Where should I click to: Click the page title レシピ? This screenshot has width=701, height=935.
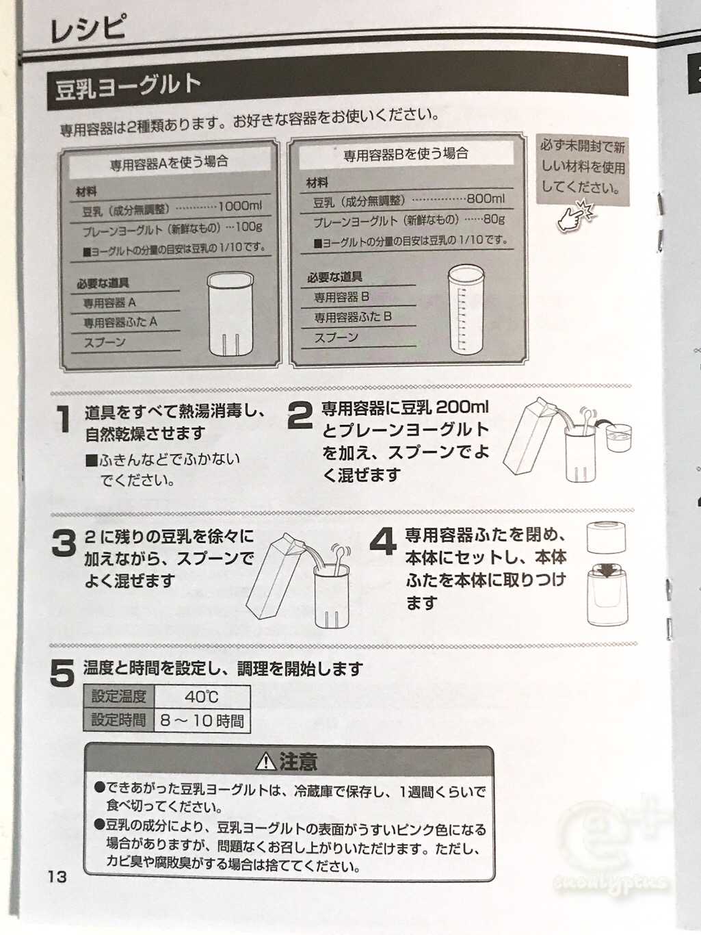coord(88,29)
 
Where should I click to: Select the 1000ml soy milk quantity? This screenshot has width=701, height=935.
coord(239,206)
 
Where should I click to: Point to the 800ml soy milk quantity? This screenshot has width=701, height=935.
coord(486,198)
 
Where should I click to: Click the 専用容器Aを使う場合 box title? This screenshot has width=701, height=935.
coord(170,162)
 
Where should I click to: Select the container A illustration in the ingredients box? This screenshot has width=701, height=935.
coord(230,314)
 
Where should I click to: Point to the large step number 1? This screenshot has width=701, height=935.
coord(64,419)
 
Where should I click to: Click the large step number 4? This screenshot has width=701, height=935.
coord(384,542)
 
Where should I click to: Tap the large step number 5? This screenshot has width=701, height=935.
coord(62,673)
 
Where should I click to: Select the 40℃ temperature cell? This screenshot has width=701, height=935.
coord(202,697)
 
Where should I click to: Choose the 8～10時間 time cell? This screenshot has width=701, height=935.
coord(202,721)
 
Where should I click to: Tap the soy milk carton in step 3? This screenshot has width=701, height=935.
coord(280,577)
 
